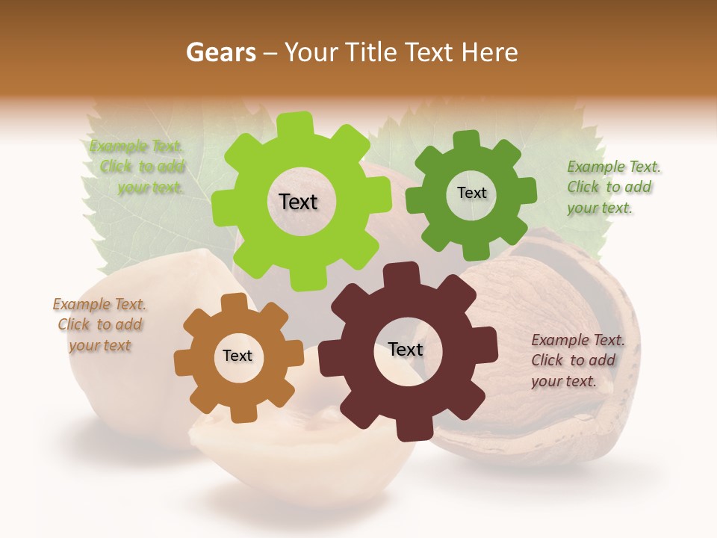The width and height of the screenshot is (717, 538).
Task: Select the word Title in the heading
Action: coord(371,52)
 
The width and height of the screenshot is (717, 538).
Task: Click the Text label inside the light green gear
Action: coord(298,202)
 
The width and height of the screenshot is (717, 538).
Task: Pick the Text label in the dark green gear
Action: coord(471,193)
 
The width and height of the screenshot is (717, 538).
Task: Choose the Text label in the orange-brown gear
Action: coord(238,356)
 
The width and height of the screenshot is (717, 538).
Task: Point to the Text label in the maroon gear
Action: coord(406,349)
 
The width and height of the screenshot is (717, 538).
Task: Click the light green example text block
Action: coord(139,167)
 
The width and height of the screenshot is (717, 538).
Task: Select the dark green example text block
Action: coord(612,187)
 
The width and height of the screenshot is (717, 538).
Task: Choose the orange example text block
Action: coord(99,324)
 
